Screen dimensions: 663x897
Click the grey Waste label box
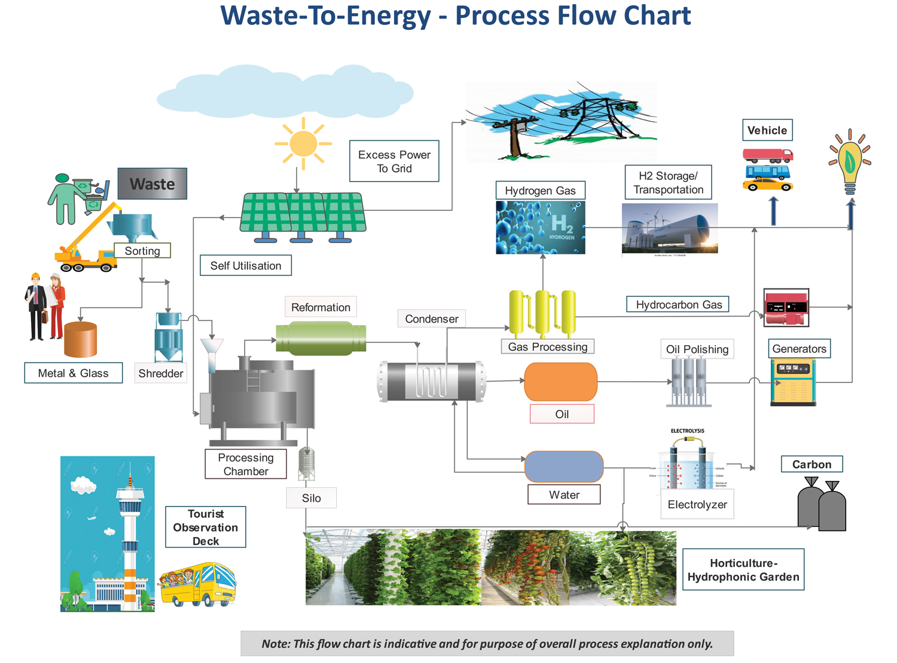tap(152, 184)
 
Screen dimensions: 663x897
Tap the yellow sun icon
tap(303, 144)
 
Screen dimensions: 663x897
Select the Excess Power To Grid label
tap(394, 161)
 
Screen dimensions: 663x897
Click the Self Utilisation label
tap(246, 266)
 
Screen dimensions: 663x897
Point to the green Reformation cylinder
tap(321, 338)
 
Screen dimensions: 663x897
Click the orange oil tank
tap(560, 382)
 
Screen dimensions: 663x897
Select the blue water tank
tap(564, 466)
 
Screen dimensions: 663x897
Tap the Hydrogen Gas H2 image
tap(541, 228)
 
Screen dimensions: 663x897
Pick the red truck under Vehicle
tap(768, 155)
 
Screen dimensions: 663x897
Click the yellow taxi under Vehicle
tap(768, 185)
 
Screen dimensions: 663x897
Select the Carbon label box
tap(811, 464)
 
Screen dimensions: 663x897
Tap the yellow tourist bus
tap(199, 584)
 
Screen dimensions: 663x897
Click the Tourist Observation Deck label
tap(206, 527)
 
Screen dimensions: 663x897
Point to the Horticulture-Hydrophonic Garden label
tap(743, 570)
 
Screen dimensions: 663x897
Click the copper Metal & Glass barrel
tap(80, 339)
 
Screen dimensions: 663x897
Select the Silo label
tap(312, 498)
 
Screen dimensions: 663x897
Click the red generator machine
tap(786, 308)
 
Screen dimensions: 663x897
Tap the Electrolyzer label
tap(697, 505)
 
